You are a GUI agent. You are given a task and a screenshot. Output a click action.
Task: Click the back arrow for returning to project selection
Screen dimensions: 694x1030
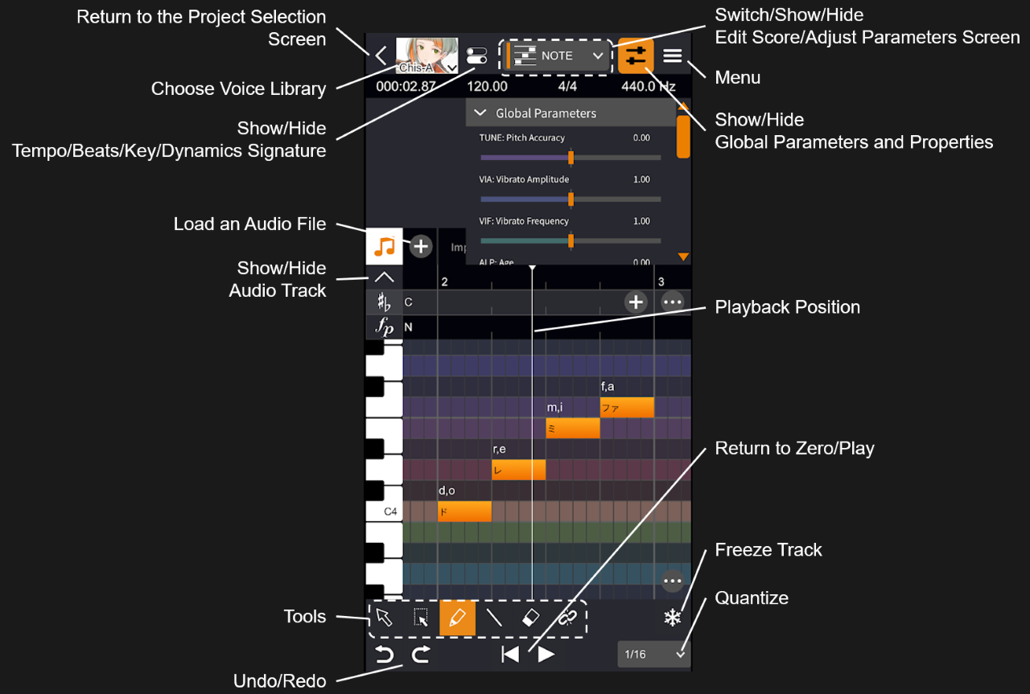click(381, 55)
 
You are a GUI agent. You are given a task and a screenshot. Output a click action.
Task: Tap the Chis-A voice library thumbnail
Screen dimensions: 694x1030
click(426, 55)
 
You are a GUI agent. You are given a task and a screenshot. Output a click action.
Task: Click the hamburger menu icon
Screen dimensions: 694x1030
click(673, 55)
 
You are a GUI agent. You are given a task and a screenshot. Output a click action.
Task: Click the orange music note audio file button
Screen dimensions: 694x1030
click(385, 246)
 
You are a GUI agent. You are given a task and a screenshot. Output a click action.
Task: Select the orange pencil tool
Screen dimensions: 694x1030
click(457, 618)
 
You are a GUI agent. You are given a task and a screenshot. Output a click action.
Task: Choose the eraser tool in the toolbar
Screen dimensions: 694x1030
click(530, 618)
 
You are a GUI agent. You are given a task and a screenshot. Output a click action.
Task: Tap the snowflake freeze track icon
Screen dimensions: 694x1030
click(672, 618)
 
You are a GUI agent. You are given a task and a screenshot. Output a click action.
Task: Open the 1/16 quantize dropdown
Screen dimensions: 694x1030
click(653, 654)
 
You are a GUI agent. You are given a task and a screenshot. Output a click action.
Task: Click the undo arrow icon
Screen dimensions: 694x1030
click(385, 654)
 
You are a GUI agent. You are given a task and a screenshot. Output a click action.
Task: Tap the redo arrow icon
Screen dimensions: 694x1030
click(420, 654)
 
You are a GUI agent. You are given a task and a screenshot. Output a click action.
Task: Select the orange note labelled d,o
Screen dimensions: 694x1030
click(464, 511)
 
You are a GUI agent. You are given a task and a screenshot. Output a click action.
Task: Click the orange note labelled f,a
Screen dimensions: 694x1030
click(627, 407)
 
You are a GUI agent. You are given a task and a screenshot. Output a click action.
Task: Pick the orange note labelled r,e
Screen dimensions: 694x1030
click(518, 470)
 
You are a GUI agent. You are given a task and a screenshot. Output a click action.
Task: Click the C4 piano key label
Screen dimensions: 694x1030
click(390, 511)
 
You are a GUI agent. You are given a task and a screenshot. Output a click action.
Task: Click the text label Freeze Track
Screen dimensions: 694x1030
click(768, 550)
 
